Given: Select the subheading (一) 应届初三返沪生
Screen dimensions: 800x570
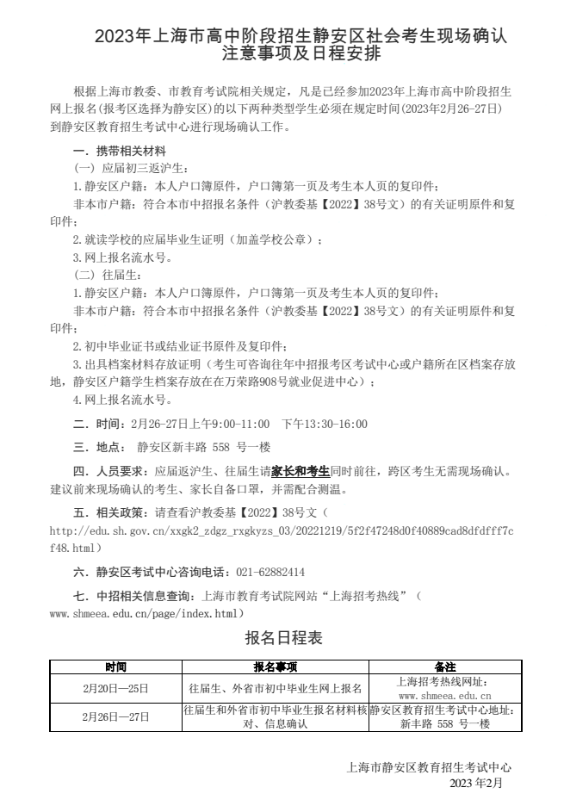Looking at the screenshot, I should click(121, 169).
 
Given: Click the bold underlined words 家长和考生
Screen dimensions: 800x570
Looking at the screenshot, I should click(300, 471).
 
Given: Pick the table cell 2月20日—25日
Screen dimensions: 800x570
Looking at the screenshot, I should click(116, 688).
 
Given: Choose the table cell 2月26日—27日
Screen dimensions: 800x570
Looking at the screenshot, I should click(116, 716).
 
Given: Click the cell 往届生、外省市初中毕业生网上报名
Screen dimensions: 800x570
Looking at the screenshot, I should click(276, 688).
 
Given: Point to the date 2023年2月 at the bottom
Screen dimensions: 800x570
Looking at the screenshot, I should click(475, 784).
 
